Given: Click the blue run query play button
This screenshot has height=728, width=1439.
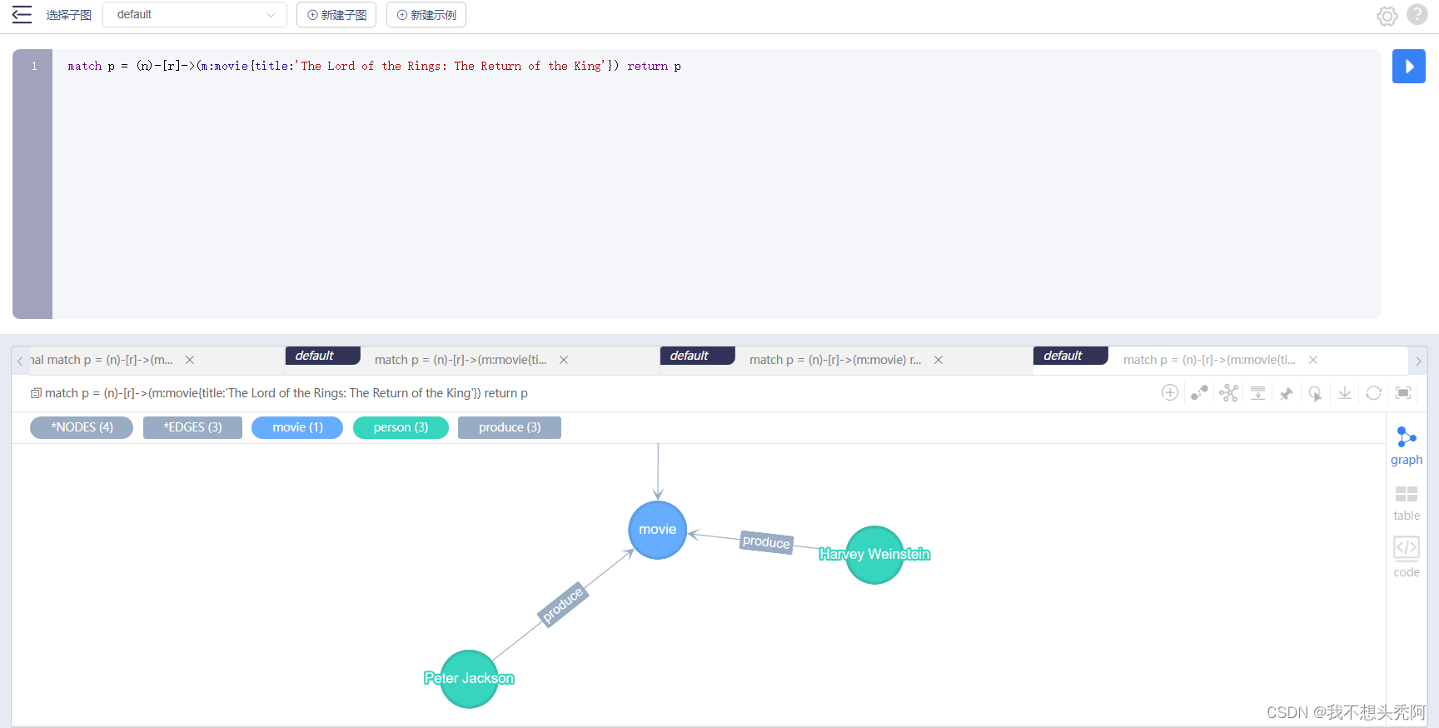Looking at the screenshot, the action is [1408, 67].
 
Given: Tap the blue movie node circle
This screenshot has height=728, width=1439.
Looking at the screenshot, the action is [658, 530].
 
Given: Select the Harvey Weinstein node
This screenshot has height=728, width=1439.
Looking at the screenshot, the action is [874, 555].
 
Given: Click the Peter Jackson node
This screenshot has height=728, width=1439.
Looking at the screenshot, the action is [469, 679].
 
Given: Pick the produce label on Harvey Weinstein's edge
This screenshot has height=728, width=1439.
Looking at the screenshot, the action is [766, 542].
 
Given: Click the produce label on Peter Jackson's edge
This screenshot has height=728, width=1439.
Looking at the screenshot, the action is [563, 604].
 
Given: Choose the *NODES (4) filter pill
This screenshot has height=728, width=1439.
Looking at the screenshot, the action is [82, 427].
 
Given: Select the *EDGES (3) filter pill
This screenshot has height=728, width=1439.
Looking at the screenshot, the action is [192, 427].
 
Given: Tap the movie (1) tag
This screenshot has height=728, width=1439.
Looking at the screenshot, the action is [297, 427].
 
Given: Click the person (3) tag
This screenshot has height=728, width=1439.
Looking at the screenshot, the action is [401, 427].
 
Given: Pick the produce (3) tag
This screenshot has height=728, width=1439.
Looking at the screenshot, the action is [510, 427].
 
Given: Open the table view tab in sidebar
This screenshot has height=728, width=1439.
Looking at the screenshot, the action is [1407, 503].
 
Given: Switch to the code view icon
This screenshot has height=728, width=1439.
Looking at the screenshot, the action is [1407, 556].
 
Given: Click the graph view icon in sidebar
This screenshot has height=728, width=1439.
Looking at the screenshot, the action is [1407, 446].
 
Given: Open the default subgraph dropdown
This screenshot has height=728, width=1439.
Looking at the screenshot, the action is [195, 15].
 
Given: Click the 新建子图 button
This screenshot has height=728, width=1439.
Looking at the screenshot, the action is [336, 15].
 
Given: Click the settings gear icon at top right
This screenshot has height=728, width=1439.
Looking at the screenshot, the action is [1387, 16].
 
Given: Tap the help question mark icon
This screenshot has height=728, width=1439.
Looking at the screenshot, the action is [1417, 14].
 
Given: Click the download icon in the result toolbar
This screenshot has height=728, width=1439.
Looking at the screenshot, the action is [1344, 393].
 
